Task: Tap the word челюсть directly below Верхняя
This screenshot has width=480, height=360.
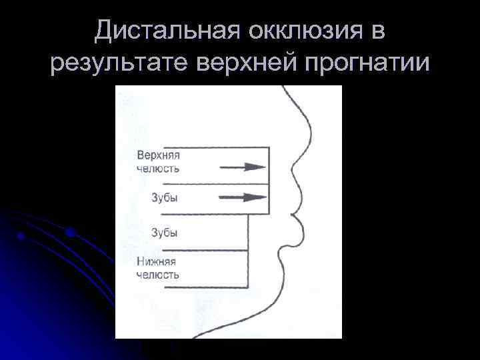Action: tap(157, 169)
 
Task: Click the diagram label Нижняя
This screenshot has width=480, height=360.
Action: tap(157, 261)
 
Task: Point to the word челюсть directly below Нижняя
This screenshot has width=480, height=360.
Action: tap(157, 275)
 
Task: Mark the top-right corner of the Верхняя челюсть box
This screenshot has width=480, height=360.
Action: tap(269, 147)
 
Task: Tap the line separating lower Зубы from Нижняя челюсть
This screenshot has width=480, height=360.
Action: tap(200, 251)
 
